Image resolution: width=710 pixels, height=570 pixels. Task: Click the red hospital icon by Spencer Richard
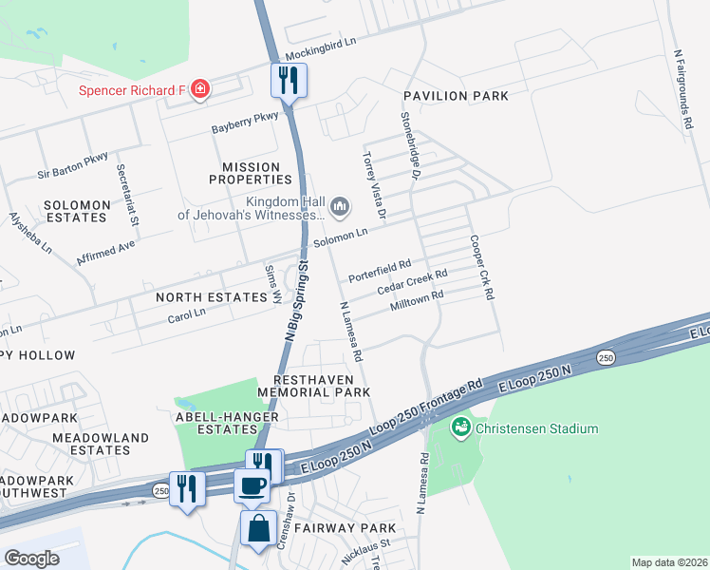pos(200,90)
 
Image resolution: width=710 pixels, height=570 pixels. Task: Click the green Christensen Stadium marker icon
pos(461,428)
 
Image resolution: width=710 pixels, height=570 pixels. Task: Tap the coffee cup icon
pos(252,485)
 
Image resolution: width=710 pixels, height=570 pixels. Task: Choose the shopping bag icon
pos(258,528)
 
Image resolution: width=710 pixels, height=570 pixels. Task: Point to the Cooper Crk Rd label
pos(480,269)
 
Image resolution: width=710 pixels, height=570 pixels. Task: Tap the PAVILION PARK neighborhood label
pos(455,96)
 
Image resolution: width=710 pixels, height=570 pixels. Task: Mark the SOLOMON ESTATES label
pos(75,211)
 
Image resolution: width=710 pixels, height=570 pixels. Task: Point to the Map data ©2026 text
pos(669,562)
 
